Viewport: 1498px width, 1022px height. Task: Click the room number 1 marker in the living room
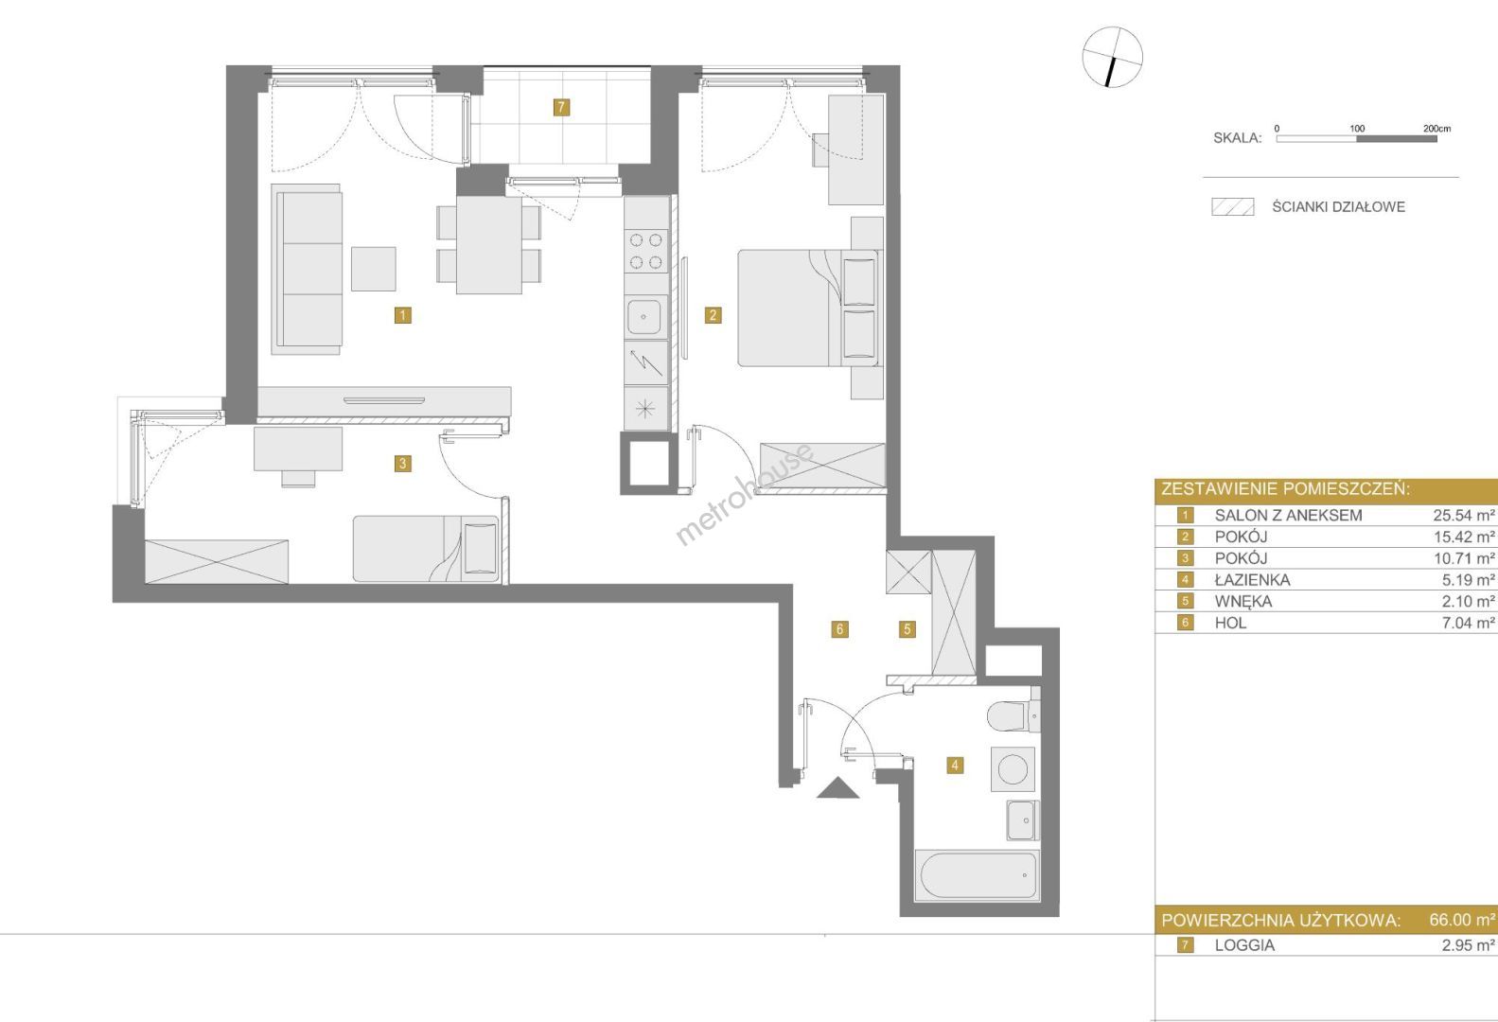coord(402,315)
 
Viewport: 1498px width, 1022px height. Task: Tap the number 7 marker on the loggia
coord(561,107)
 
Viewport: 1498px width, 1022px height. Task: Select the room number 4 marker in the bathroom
coord(955,766)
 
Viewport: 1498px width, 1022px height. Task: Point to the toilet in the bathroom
coord(1013,716)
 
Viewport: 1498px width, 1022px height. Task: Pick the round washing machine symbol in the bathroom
coord(1013,769)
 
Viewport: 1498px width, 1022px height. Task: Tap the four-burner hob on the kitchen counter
coord(646,251)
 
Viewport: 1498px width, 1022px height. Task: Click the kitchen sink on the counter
coord(646,317)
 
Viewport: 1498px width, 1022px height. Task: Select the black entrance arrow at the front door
coord(837,787)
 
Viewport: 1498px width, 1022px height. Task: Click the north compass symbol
coord(1112,57)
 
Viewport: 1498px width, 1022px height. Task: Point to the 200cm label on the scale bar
coord(1436,129)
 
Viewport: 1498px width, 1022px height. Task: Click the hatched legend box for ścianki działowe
coord(1232,206)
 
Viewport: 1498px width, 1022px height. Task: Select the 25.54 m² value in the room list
coord(1463,515)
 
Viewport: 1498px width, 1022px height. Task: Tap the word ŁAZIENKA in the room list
coord(1252,580)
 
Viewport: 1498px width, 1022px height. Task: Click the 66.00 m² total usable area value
coord(1462,920)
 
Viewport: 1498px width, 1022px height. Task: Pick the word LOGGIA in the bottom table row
coord(1244,945)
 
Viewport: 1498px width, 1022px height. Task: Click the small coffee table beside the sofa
coord(373,269)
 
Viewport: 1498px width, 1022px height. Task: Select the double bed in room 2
coord(808,308)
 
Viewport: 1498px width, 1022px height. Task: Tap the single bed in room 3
coord(426,549)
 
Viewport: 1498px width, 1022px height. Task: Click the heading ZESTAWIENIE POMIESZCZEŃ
coord(1285,489)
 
